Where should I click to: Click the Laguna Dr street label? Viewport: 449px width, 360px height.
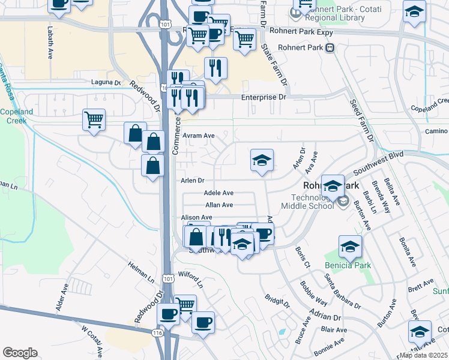click(106, 82)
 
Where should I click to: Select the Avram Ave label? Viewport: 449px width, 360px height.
click(199, 136)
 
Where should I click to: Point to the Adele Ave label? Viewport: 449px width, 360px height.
click(218, 193)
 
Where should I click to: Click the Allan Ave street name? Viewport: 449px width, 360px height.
click(218, 205)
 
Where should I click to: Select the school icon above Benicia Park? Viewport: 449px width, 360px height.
click(350, 246)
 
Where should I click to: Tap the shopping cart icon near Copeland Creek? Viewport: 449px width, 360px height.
click(94, 119)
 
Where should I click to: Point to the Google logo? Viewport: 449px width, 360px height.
click(20, 352)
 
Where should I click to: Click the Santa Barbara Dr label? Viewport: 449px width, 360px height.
click(342, 292)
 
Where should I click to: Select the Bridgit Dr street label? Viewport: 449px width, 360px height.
click(277, 301)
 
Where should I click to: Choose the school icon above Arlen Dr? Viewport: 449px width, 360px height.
click(262, 160)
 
